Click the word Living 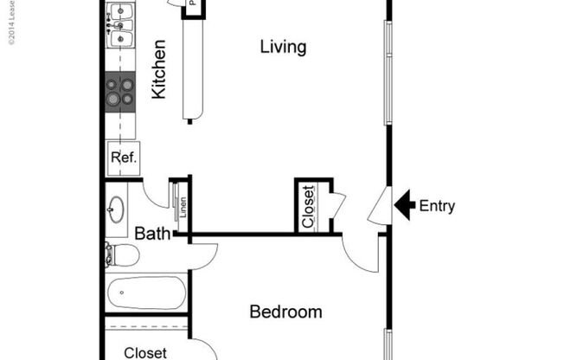283,47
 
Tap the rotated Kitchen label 159,68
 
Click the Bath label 151,233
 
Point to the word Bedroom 285,312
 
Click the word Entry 437,206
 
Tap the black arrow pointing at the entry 404,205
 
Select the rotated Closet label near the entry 309,207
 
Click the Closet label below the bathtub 144,352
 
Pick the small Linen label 183,208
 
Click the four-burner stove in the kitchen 120,92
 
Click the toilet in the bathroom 121,254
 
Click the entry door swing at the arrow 379,208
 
